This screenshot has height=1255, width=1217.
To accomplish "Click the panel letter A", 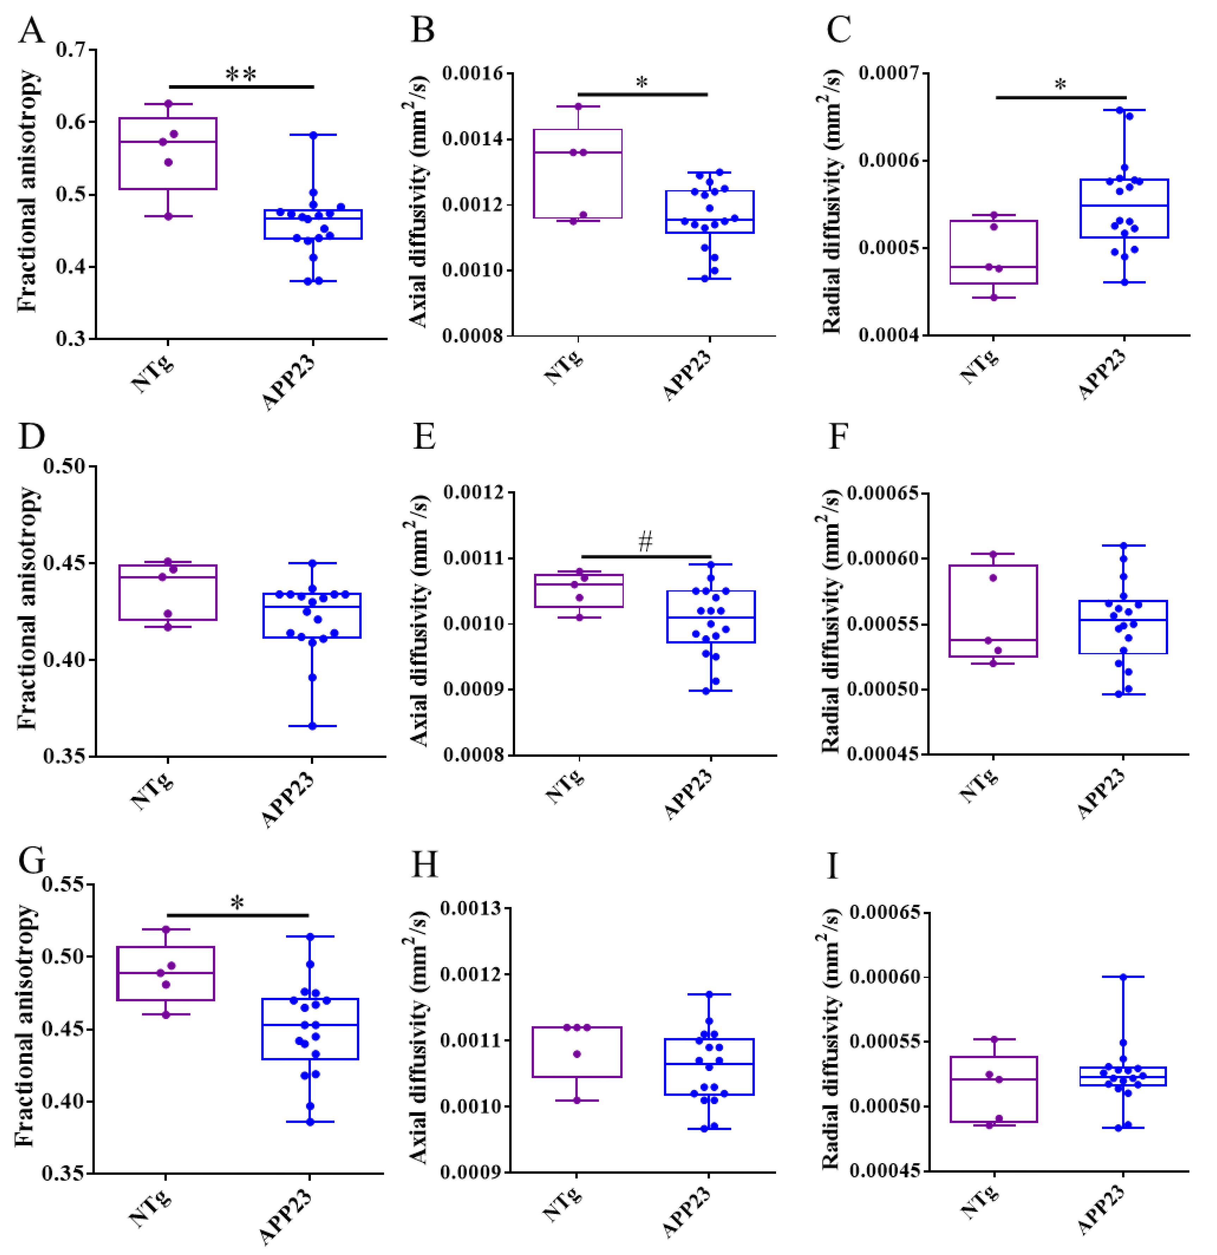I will tap(31, 30).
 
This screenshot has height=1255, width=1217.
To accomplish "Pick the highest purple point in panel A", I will tap(168, 104).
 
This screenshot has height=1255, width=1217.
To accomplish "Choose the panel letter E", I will tap(424, 437).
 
